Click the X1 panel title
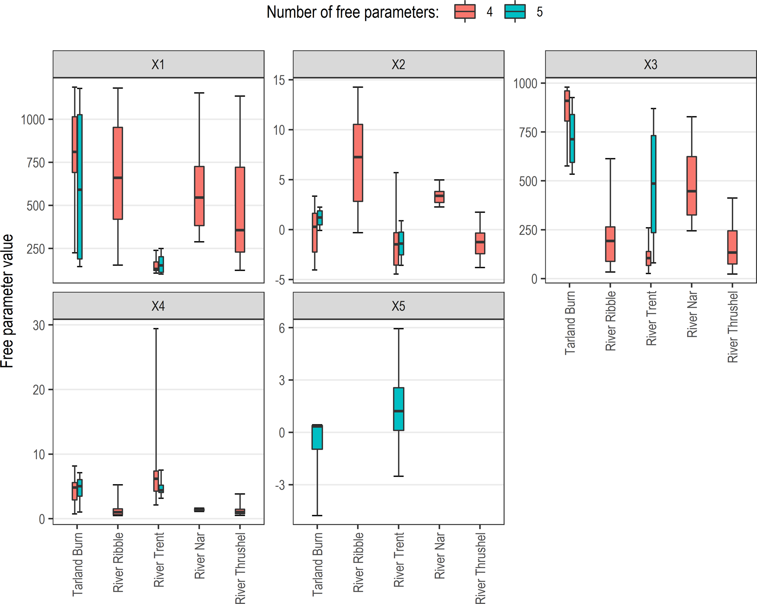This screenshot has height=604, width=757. pyautogui.click(x=158, y=65)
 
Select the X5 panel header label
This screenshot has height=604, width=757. pyautogui.click(x=398, y=306)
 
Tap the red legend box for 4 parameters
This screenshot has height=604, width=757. pyautogui.click(x=465, y=12)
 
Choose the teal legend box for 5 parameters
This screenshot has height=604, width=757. pyautogui.click(x=515, y=12)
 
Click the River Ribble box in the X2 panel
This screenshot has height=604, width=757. pyautogui.click(x=358, y=163)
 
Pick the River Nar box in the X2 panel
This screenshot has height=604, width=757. pyautogui.click(x=439, y=197)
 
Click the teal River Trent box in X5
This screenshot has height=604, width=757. pyautogui.click(x=398, y=409)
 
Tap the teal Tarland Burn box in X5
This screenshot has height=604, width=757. pyautogui.click(x=317, y=437)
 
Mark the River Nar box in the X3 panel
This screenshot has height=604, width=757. pyautogui.click(x=691, y=186)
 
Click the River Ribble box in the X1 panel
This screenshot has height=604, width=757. pyautogui.click(x=118, y=173)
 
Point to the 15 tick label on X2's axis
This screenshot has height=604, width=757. pyautogui.click(x=279, y=80)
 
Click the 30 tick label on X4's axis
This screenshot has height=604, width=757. pyautogui.click(x=39, y=325)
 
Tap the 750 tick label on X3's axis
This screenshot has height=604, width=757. pyautogui.click(x=528, y=133)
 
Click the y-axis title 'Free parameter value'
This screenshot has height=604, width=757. pyautogui.click(x=7, y=301)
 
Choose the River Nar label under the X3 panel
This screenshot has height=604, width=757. pyautogui.click(x=691, y=314)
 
